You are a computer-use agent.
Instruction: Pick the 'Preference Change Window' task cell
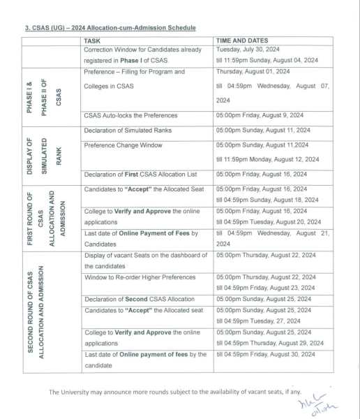pos(123,145)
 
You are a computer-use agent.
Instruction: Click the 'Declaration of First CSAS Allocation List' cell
pos(147,174)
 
